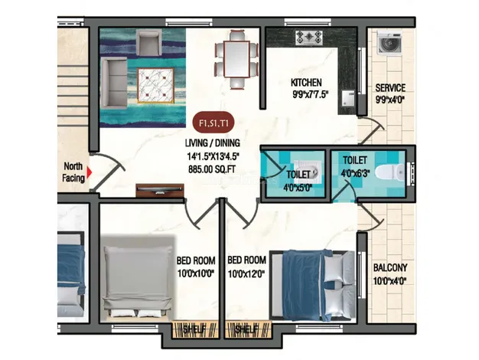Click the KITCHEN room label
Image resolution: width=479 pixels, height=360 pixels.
[x=306, y=83]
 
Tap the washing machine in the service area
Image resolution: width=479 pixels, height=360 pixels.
[x=389, y=45]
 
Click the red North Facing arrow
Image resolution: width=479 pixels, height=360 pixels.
[x=90, y=172]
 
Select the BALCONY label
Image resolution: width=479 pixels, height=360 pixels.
[x=389, y=268]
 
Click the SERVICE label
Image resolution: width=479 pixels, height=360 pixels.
[x=390, y=88]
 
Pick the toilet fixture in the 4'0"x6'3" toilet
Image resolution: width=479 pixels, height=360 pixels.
[x=397, y=172]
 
